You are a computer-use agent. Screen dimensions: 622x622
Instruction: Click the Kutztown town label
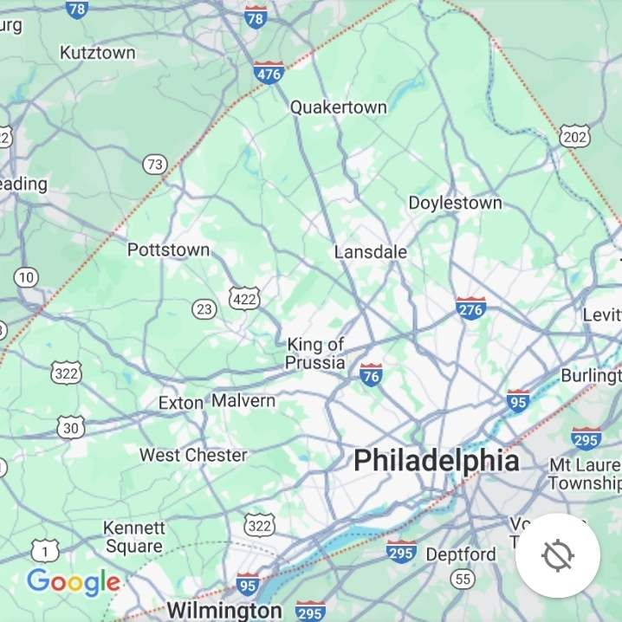98,53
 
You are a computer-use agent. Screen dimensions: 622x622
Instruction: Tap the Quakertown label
338,107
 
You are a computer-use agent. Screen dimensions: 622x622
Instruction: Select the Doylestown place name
455,203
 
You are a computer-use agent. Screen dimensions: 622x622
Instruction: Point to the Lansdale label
371,252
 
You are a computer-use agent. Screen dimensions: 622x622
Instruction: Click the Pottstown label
168,250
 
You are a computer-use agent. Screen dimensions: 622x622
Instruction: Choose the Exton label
180,403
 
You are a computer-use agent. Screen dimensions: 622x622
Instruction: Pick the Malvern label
243,401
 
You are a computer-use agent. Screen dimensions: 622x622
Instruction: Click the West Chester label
193,455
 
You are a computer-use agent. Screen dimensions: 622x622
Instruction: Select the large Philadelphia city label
437,460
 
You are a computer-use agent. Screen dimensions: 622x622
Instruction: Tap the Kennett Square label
134,537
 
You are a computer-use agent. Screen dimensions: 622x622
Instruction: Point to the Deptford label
462,554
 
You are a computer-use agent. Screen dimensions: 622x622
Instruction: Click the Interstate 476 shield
269,74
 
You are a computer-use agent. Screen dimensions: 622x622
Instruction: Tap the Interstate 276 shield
470,308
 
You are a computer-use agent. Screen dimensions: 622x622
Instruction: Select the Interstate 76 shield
371,375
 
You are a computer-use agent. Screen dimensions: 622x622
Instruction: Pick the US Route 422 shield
244,299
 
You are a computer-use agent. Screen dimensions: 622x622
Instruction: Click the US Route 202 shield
574,136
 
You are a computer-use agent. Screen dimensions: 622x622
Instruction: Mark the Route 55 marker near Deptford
463,580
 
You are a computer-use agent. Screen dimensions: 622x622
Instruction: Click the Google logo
74,582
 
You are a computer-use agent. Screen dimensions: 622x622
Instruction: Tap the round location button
558,555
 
